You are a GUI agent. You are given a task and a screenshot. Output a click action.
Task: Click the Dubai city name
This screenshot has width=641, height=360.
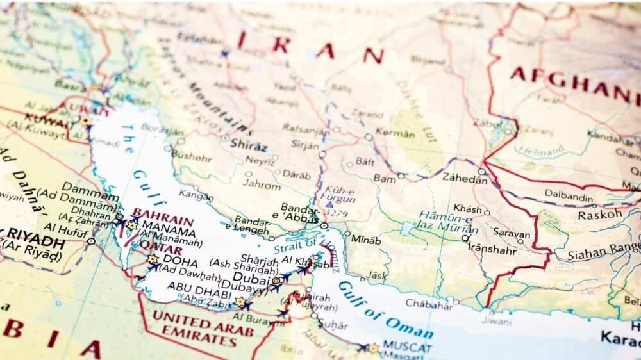(x=250, y=276)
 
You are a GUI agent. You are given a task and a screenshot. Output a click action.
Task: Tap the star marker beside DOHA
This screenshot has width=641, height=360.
(x=153, y=259)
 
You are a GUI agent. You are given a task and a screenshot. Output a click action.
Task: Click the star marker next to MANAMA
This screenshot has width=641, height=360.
(x=132, y=225)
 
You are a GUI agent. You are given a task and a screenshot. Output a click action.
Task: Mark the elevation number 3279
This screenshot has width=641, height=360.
(x=334, y=212)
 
